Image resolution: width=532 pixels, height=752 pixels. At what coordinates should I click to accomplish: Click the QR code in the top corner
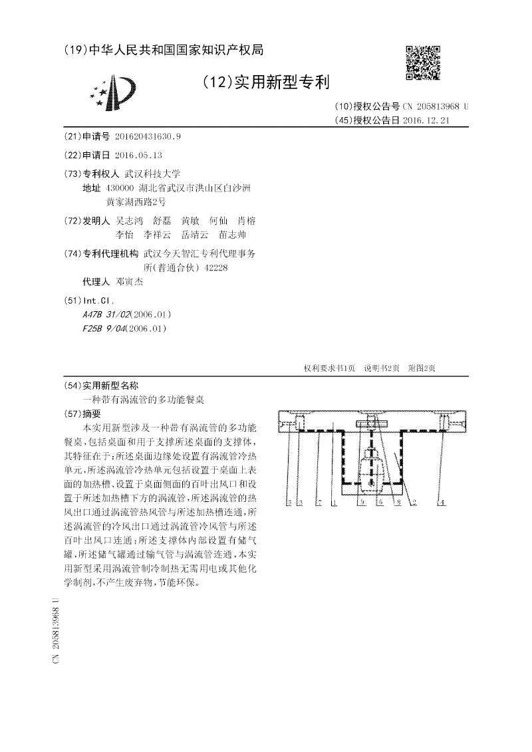pos(423,63)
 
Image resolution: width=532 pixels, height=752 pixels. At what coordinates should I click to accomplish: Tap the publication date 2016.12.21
pos(427,120)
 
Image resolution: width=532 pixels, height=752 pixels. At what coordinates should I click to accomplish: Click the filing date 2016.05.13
pos(138,155)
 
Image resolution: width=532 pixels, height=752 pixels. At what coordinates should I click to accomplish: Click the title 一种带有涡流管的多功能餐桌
pos(143,400)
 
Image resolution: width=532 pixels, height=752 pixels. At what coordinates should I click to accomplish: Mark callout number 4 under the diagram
pos(442,504)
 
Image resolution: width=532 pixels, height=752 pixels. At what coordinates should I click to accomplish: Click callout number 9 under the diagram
pos(362,504)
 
